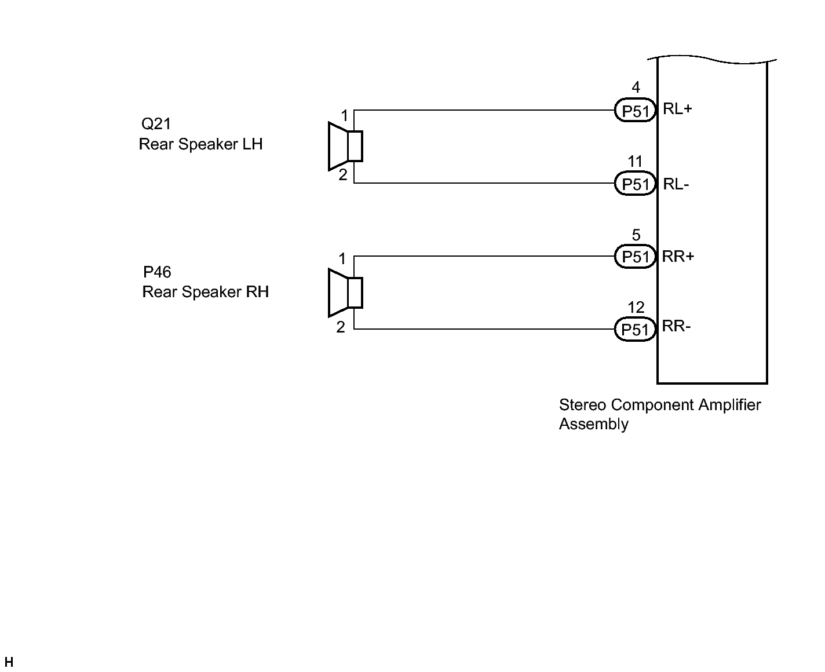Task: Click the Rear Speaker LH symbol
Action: point(345,146)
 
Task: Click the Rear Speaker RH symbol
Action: point(345,293)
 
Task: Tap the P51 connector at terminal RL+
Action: point(635,111)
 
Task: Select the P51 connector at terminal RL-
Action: point(635,183)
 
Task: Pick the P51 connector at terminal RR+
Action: point(635,256)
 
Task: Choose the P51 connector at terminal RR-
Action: point(635,329)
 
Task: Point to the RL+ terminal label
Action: point(677,109)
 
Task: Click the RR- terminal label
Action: point(676,326)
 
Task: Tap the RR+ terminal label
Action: point(678,256)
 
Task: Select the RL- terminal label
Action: point(676,184)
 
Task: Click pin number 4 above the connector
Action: point(636,87)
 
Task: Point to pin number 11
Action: point(635,161)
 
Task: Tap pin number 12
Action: point(636,308)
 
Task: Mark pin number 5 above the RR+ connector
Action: point(636,235)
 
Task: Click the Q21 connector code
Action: point(156,124)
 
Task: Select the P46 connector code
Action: point(157,272)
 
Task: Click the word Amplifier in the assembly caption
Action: point(729,405)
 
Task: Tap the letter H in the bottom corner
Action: point(9,662)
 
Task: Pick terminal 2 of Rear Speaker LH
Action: point(343,175)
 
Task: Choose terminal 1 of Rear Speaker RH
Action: point(342,258)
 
